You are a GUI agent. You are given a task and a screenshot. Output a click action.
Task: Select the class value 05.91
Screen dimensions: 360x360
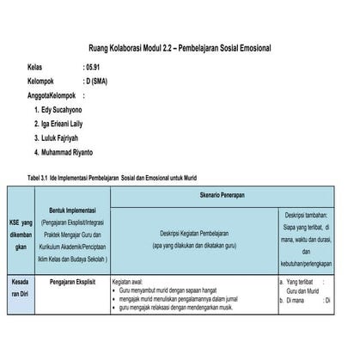click(93, 66)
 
